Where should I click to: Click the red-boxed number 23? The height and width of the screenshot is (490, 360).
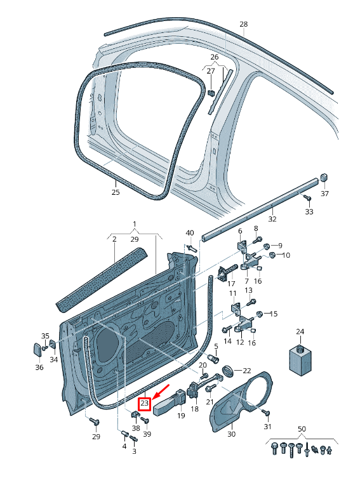coord(144,403)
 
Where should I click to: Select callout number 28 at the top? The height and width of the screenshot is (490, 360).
coord(244,24)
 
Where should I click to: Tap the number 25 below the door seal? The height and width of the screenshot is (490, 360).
coord(115,192)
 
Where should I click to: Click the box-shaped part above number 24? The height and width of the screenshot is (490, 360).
coord(300,362)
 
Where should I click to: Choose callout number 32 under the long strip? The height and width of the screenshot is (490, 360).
coord(272,219)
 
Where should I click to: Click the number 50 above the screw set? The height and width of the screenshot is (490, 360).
coord(302,430)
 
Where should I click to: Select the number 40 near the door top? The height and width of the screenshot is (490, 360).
coord(189,233)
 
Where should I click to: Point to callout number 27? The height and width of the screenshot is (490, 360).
coord(211,72)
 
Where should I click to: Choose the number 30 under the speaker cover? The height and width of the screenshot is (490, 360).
coord(231,434)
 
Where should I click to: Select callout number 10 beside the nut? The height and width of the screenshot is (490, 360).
coord(286,255)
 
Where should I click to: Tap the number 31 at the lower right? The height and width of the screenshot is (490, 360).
coord(267,426)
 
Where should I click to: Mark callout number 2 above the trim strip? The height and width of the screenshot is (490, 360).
coord(114,239)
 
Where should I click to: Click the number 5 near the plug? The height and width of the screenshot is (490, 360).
coord(215,346)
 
